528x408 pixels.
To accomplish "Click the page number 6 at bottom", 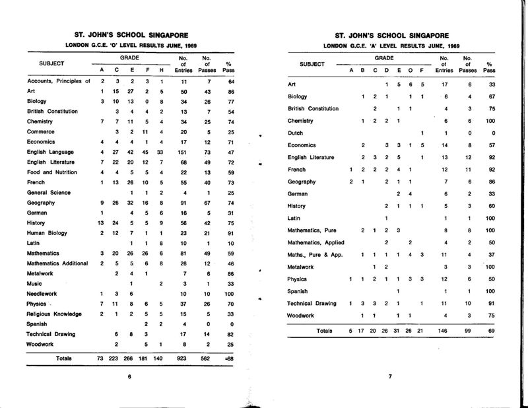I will click(130, 377).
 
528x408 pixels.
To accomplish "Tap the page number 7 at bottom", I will click(389, 377).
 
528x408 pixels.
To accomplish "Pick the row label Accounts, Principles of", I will click(58, 81).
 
